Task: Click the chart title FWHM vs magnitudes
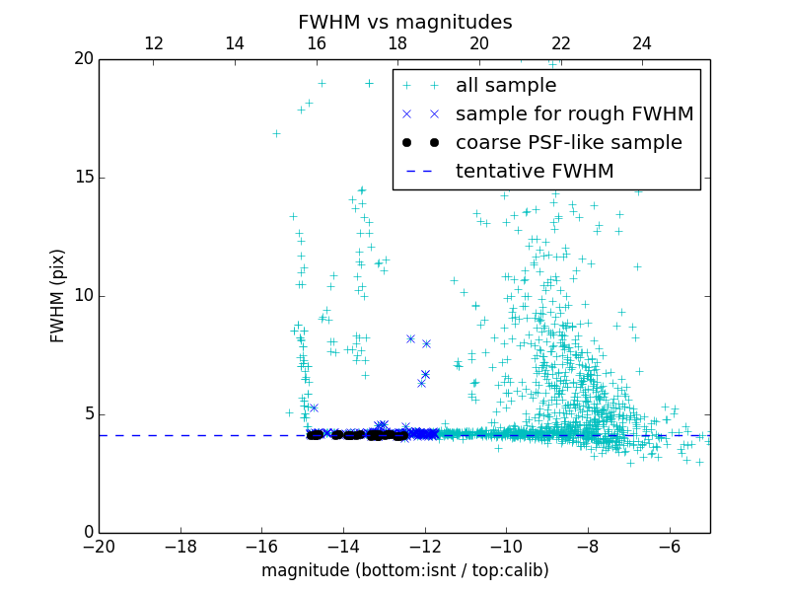(404, 22)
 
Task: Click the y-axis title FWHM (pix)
(58, 295)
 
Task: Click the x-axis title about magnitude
(404, 570)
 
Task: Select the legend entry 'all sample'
(506, 86)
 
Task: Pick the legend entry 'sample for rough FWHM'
(574, 114)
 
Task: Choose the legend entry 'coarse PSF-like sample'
(568, 143)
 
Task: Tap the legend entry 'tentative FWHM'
(535, 172)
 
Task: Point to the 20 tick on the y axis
(83, 59)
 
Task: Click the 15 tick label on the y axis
(83, 178)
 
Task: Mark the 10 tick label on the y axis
(83, 296)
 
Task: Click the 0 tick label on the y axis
(87, 533)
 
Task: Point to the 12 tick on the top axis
(154, 43)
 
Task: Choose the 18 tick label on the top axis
(397, 43)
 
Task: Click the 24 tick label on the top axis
(642, 43)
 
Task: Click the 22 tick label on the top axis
(561, 43)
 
